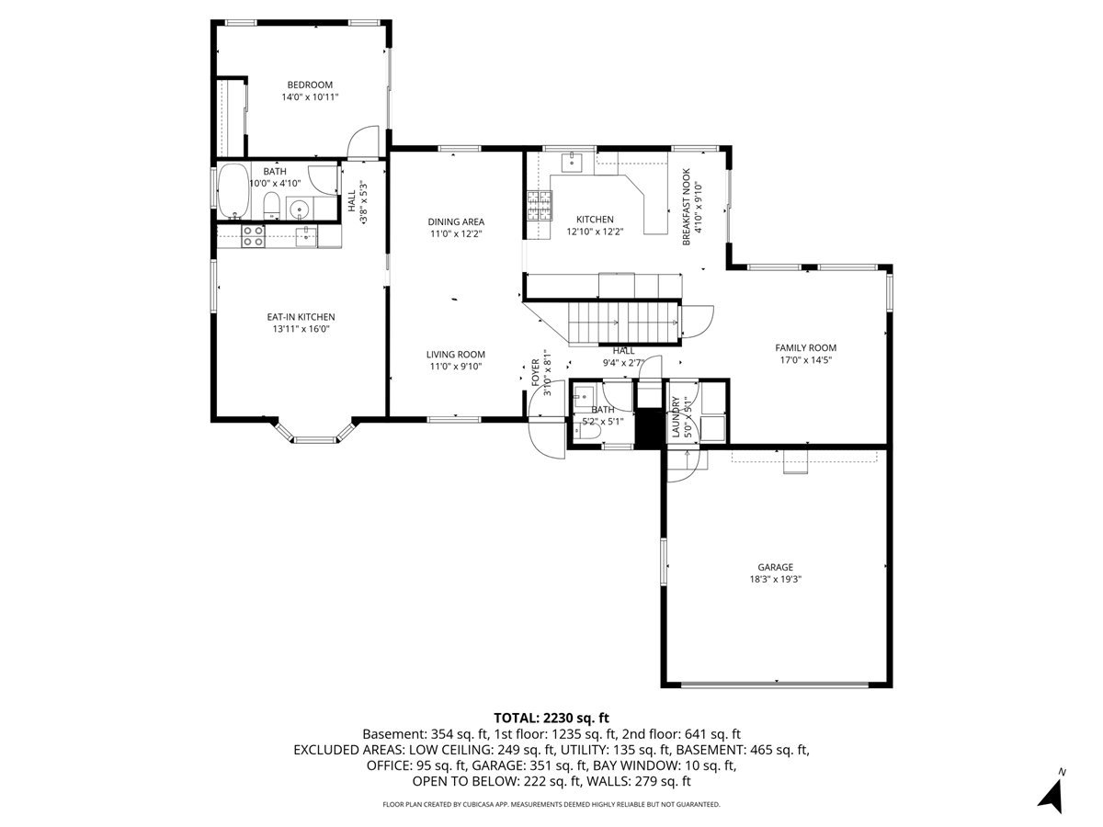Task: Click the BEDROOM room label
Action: (310, 85)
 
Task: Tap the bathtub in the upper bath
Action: (233, 191)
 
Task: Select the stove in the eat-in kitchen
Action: (254, 236)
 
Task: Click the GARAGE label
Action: (776, 567)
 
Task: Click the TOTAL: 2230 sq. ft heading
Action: (551, 718)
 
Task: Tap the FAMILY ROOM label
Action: (805, 347)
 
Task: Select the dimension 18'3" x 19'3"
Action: (776, 579)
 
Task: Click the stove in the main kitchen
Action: (540, 206)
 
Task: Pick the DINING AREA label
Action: (456, 221)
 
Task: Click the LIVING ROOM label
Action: (456, 355)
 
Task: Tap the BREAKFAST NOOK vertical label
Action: (687, 207)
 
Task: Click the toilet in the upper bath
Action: (271, 205)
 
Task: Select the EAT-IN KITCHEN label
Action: (301, 317)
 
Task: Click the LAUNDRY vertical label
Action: (676, 417)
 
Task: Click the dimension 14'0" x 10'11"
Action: (310, 96)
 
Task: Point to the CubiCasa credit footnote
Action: (551, 804)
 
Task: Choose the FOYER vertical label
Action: (536, 372)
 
